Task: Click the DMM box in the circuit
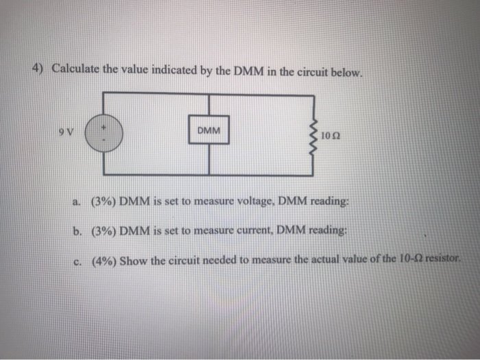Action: coord(208,130)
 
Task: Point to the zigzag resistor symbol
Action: coord(317,134)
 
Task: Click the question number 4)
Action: coord(40,69)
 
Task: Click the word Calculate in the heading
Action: coord(76,69)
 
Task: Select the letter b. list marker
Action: coord(78,230)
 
